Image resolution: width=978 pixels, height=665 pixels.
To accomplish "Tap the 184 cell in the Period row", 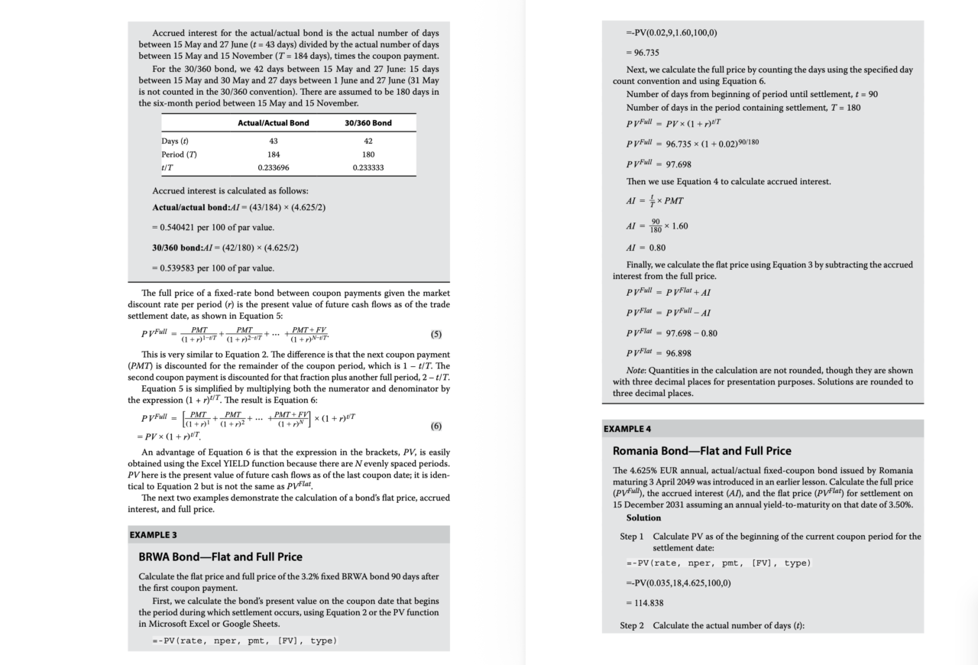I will (x=274, y=154).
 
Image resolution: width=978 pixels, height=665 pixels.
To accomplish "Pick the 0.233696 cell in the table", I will (x=274, y=167).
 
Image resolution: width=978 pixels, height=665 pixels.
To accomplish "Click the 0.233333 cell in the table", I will (x=368, y=167).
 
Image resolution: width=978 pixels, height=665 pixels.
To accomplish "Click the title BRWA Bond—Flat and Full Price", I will (x=220, y=556).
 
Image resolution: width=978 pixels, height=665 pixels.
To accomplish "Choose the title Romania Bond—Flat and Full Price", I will (x=702, y=451).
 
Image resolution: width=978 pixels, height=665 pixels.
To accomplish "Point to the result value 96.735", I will (x=643, y=53).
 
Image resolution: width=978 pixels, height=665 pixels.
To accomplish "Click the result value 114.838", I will (x=645, y=603).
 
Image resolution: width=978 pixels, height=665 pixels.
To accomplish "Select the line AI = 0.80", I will (x=646, y=248).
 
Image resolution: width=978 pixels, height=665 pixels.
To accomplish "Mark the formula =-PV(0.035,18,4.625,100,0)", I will (x=678, y=583).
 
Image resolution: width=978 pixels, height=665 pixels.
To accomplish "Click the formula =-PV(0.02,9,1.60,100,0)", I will (x=672, y=32).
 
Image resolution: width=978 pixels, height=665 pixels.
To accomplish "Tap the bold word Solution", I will (x=643, y=517).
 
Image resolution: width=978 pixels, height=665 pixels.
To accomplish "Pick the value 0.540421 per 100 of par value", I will (x=212, y=227).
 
